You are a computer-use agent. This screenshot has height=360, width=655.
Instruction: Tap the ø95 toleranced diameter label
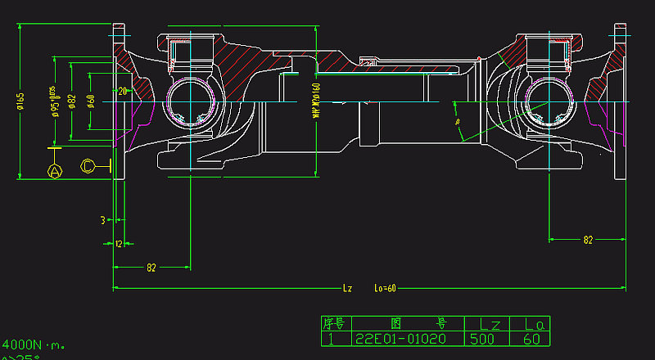point(55,101)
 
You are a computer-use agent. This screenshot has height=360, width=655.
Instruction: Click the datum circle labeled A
point(55,171)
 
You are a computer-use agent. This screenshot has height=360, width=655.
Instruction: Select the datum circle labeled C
point(88,165)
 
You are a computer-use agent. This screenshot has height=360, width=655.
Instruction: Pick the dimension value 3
point(103,220)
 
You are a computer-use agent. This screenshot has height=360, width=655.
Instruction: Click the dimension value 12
point(119,244)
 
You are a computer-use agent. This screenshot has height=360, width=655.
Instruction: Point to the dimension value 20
point(123,91)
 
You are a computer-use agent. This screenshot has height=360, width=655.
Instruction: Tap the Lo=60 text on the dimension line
point(385,288)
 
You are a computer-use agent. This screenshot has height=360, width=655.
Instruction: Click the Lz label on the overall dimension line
point(347,288)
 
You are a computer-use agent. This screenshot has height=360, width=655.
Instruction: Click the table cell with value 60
point(529,338)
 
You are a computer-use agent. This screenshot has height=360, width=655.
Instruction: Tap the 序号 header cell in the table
point(336,323)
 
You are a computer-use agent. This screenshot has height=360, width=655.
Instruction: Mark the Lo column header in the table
point(529,323)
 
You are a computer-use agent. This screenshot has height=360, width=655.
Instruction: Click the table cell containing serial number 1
point(332,338)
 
